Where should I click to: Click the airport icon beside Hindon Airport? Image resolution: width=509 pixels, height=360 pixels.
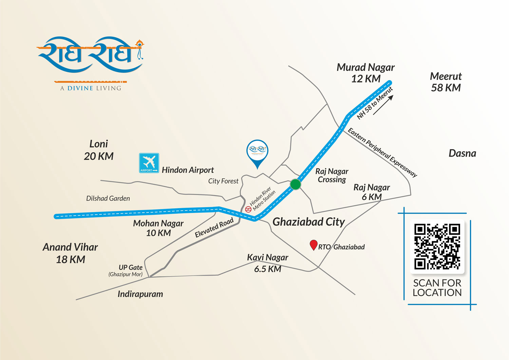pos(149,163)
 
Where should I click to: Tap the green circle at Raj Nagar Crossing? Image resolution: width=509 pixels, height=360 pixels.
pos(296,184)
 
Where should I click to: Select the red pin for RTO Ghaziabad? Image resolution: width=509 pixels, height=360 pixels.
pos(314,245)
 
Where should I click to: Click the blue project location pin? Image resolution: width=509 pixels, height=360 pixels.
pos(258,152)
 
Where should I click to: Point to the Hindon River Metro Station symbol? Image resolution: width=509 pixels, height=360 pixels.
pos(248,209)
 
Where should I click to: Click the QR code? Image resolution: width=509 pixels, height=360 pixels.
pos(437,246)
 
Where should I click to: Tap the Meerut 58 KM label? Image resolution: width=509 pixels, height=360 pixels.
pos(446,82)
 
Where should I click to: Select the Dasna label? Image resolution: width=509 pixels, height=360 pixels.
pos(462,154)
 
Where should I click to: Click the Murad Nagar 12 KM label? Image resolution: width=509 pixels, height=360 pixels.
pos(365,73)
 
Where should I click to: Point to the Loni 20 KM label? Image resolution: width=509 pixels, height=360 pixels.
pos(99,150)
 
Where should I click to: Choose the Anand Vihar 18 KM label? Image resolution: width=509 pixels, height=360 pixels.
pos(70,253)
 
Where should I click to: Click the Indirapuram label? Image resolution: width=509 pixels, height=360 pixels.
pos(140,294)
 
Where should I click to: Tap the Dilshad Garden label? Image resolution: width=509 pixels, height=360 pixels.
pos(108,198)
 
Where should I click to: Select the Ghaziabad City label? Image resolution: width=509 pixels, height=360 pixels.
pos(308,222)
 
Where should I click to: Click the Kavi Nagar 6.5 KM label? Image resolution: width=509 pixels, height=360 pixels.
pos(268,263)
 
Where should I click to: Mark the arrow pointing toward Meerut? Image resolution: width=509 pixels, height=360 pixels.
pos(383,105)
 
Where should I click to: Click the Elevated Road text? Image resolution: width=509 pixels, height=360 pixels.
pos(214,228)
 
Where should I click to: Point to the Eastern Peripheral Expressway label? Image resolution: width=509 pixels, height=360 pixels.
pos(382,152)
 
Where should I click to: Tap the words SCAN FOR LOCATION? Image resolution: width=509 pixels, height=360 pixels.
pos(437,288)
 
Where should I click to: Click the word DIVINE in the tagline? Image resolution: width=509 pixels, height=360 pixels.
pos(80,88)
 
